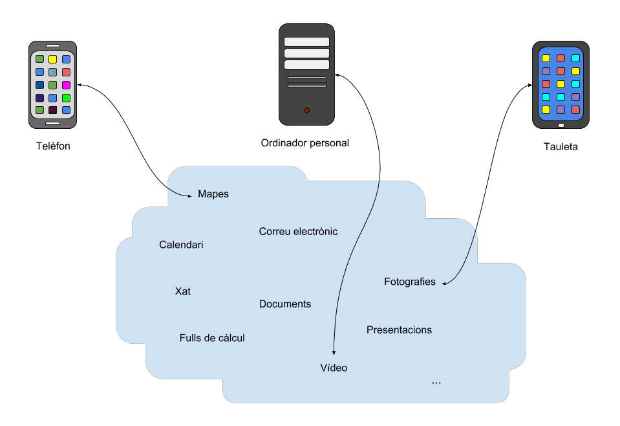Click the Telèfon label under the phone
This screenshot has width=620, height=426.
(53, 146)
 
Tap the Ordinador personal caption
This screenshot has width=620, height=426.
(305, 142)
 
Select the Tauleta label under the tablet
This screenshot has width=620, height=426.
(561, 147)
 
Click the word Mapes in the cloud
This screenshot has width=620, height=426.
(213, 194)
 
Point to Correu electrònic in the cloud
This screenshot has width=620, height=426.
(298, 231)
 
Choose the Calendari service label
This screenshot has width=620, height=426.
(181, 245)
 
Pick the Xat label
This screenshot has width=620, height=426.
(183, 291)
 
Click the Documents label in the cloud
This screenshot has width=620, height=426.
(285, 304)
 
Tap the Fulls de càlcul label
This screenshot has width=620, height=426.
(212, 338)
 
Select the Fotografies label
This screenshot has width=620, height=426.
(410, 282)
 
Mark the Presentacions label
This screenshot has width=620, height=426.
(399, 330)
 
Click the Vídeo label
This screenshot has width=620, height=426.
(334, 368)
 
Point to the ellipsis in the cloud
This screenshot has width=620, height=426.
(436, 383)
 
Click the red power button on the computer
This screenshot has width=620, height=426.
(306, 110)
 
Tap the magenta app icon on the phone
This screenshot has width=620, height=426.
(66, 85)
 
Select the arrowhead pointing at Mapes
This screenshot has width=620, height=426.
(193, 195)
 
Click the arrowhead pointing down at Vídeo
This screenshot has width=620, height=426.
(334, 353)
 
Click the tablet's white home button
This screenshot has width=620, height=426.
(561, 125)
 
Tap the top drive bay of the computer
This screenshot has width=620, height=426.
(306, 41)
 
